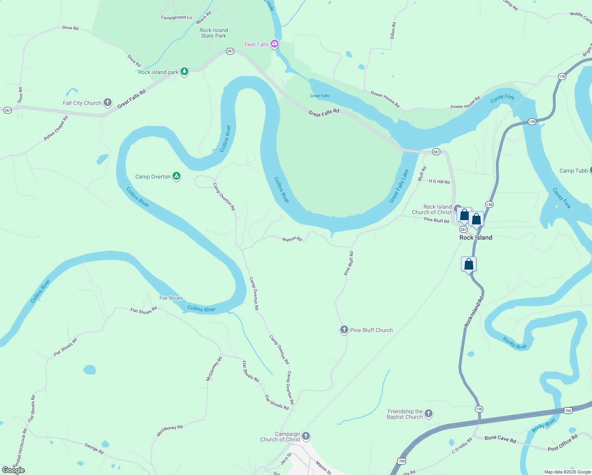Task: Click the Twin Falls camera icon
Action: pyautogui.click(x=275, y=44)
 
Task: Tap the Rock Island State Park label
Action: pyautogui.click(x=214, y=33)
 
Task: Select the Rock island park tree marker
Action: pyautogui.click(x=184, y=71)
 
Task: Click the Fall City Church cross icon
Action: pyautogui.click(x=108, y=103)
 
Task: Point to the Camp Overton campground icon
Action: pyautogui.click(x=176, y=176)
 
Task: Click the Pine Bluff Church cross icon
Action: pyautogui.click(x=344, y=329)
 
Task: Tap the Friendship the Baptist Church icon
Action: pyautogui.click(x=429, y=414)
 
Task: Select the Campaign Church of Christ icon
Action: pyautogui.click(x=306, y=436)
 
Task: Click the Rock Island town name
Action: pyautogui.click(x=476, y=237)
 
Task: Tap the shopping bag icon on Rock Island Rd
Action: pyautogui.click(x=469, y=264)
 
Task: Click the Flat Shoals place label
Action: pyautogui.click(x=171, y=298)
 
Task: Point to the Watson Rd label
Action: pyautogui.click(x=292, y=239)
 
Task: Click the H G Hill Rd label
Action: pyautogui.click(x=439, y=182)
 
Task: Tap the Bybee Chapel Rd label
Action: pyautogui.click(x=56, y=128)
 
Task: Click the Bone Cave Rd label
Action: pyautogui.click(x=500, y=439)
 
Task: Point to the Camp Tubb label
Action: pyautogui.click(x=573, y=171)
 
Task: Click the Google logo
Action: pyautogui.click(x=13, y=470)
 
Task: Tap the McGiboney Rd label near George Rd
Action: pyautogui.click(x=169, y=431)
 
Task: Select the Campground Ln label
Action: pyautogui.click(x=176, y=17)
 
